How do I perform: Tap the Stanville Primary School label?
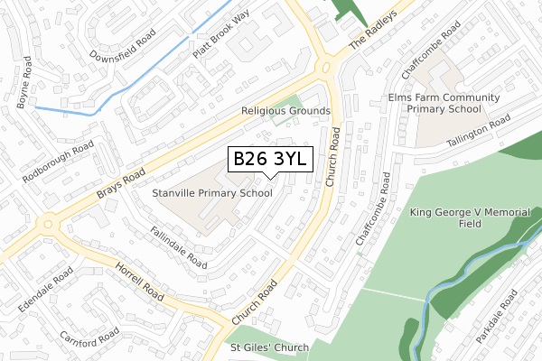(213, 193)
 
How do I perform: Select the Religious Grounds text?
(285, 111)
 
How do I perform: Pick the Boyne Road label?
(26, 82)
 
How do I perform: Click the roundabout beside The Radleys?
(326, 67)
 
